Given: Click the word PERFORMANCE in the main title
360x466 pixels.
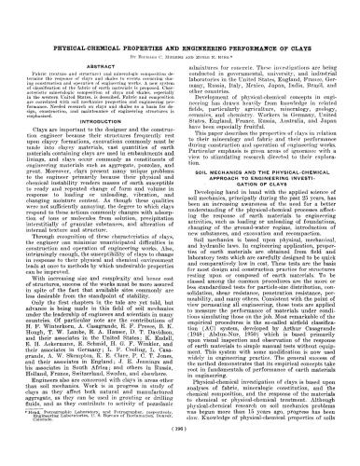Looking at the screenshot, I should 242,21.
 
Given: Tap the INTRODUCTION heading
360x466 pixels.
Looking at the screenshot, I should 96,121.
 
